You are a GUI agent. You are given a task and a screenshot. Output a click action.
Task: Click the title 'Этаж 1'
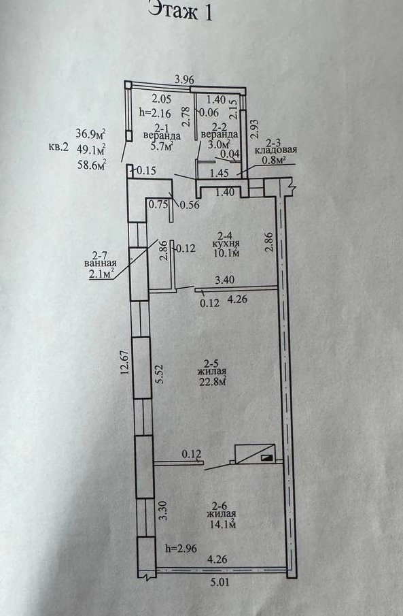(x=181, y=11)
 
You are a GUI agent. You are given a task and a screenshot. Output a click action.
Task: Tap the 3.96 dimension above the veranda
(x=184, y=80)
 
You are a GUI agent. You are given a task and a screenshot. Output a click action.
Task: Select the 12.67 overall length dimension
(x=125, y=364)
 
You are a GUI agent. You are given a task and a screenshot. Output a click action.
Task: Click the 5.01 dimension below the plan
(x=220, y=582)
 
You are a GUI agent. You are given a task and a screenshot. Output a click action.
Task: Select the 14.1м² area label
(x=222, y=523)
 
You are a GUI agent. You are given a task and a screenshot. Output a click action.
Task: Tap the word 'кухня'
(x=226, y=244)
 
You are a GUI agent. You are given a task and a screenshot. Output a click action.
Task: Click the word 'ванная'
(x=101, y=263)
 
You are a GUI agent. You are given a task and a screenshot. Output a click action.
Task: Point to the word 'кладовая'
(x=276, y=150)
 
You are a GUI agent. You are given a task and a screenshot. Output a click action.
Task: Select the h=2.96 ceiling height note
(x=181, y=548)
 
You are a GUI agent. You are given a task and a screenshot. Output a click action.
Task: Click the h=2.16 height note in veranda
(x=155, y=114)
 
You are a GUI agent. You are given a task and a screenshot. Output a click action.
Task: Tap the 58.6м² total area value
(x=92, y=165)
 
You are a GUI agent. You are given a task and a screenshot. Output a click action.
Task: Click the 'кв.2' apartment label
(x=58, y=148)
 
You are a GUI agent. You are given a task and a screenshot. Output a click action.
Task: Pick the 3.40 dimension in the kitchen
(x=225, y=280)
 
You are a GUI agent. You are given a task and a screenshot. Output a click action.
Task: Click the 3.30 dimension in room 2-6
(x=163, y=510)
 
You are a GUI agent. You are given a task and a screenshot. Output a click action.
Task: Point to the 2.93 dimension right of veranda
(x=255, y=129)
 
